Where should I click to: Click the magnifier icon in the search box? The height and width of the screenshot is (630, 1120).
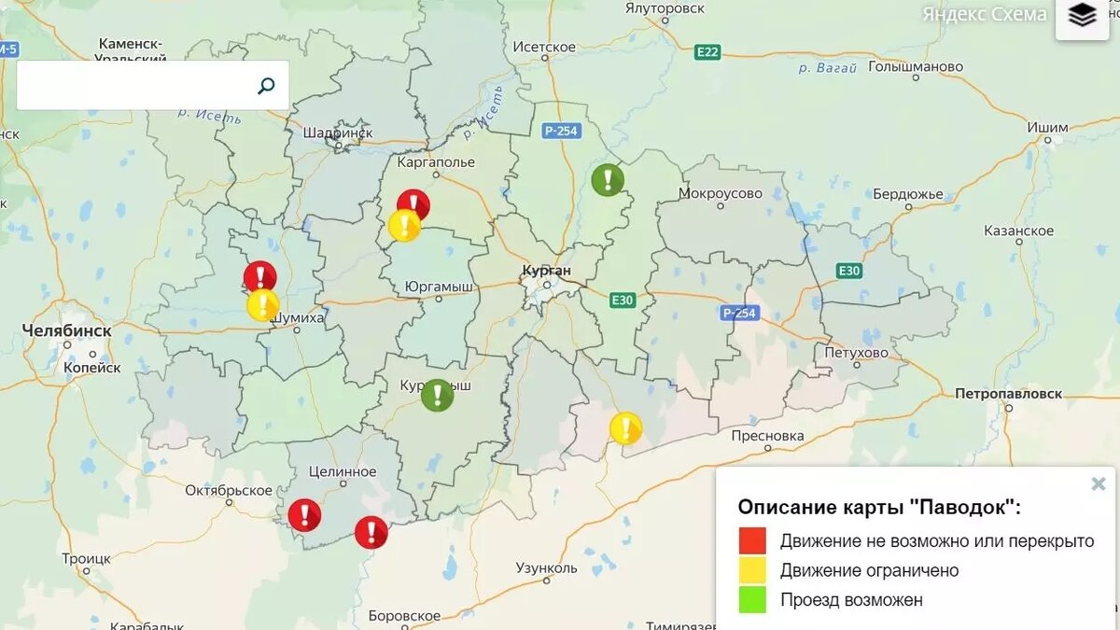pos(266,86)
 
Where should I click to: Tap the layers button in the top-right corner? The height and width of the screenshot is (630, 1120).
pos(1082,16)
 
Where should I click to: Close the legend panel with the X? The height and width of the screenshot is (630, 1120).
pos(1099,483)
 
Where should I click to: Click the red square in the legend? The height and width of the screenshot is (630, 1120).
pos(752,540)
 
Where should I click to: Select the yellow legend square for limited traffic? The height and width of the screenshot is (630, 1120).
pos(752,570)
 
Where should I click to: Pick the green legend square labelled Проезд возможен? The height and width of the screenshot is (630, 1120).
pos(752,600)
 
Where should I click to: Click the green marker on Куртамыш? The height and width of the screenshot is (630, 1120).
pos(437,395)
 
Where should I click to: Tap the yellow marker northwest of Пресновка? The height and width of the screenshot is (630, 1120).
pos(625,427)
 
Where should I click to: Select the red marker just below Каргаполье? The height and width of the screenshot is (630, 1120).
pos(413,204)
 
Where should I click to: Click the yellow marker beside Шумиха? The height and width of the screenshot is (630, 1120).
pos(263,304)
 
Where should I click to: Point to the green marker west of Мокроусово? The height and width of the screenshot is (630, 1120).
pos(608,179)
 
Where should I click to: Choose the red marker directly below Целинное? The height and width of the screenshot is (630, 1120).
pos(304,514)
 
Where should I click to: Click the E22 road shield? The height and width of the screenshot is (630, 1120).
pos(707,52)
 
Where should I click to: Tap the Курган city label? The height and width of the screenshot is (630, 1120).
pos(546,271)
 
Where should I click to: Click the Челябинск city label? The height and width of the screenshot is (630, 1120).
pos(66,331)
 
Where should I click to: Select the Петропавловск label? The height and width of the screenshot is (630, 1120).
pos(1008,394)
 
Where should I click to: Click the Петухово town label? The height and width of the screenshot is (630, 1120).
pos(856,353)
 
